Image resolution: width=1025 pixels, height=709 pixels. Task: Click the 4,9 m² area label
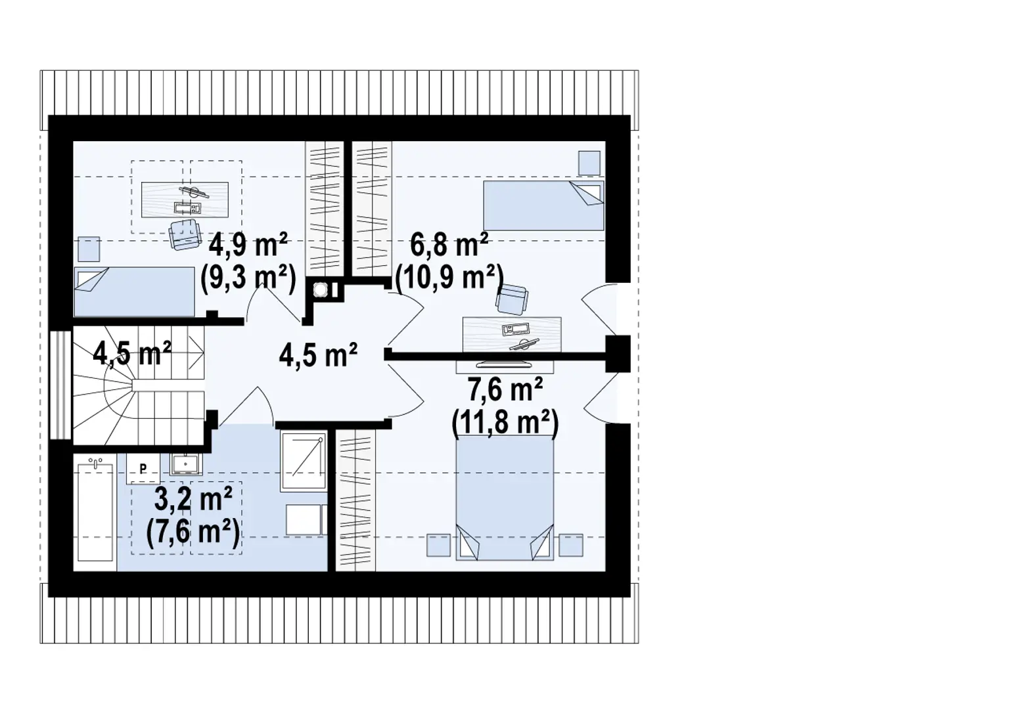[248, 246]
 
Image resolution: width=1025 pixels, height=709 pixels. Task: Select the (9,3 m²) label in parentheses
[248, 278]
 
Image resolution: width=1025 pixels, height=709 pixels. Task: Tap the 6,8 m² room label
[449, 246]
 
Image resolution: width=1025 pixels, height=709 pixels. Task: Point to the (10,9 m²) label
[449, 278]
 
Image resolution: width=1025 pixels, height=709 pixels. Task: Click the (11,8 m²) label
[505, 423]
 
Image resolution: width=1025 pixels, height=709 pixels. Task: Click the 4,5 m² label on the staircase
[132, 353]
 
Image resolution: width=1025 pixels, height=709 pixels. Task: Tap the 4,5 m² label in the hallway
[318, 355]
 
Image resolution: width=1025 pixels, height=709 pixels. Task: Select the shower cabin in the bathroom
[303, 462]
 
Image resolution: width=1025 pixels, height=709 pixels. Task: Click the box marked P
[143, 469]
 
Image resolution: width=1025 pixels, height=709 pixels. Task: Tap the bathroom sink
[186, 464]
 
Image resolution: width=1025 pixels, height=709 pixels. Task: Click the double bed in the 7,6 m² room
[504, 499]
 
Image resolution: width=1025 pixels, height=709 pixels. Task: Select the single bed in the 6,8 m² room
[543, 205]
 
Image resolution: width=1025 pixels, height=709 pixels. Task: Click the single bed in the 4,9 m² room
[134, 291]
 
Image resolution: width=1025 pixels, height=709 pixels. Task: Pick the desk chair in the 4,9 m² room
[184, 234]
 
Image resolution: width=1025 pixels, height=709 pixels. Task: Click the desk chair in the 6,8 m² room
[512, 299]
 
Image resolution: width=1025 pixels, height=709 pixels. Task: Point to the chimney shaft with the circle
[322, 290]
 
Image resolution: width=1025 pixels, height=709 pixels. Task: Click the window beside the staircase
[60, 384]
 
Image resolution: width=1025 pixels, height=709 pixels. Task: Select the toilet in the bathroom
[306, 519]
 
